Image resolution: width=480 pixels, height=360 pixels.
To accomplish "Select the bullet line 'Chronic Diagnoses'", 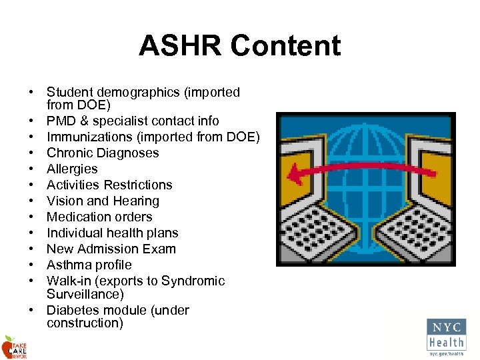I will [103, 153].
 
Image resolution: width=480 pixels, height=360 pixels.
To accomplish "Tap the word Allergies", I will [72, 169].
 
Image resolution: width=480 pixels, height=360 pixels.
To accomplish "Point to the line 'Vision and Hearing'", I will [103, 201].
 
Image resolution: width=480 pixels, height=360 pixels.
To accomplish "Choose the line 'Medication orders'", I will [99, 217].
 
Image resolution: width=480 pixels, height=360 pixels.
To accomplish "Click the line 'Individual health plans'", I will [113, 233].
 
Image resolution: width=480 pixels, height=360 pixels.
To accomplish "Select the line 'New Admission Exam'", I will [111, 249].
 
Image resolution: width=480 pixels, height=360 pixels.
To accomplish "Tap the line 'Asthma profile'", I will [89, 265].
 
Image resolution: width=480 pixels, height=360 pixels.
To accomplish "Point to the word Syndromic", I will [193, 281].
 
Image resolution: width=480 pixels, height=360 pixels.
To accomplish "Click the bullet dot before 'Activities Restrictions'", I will [31, 185].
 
